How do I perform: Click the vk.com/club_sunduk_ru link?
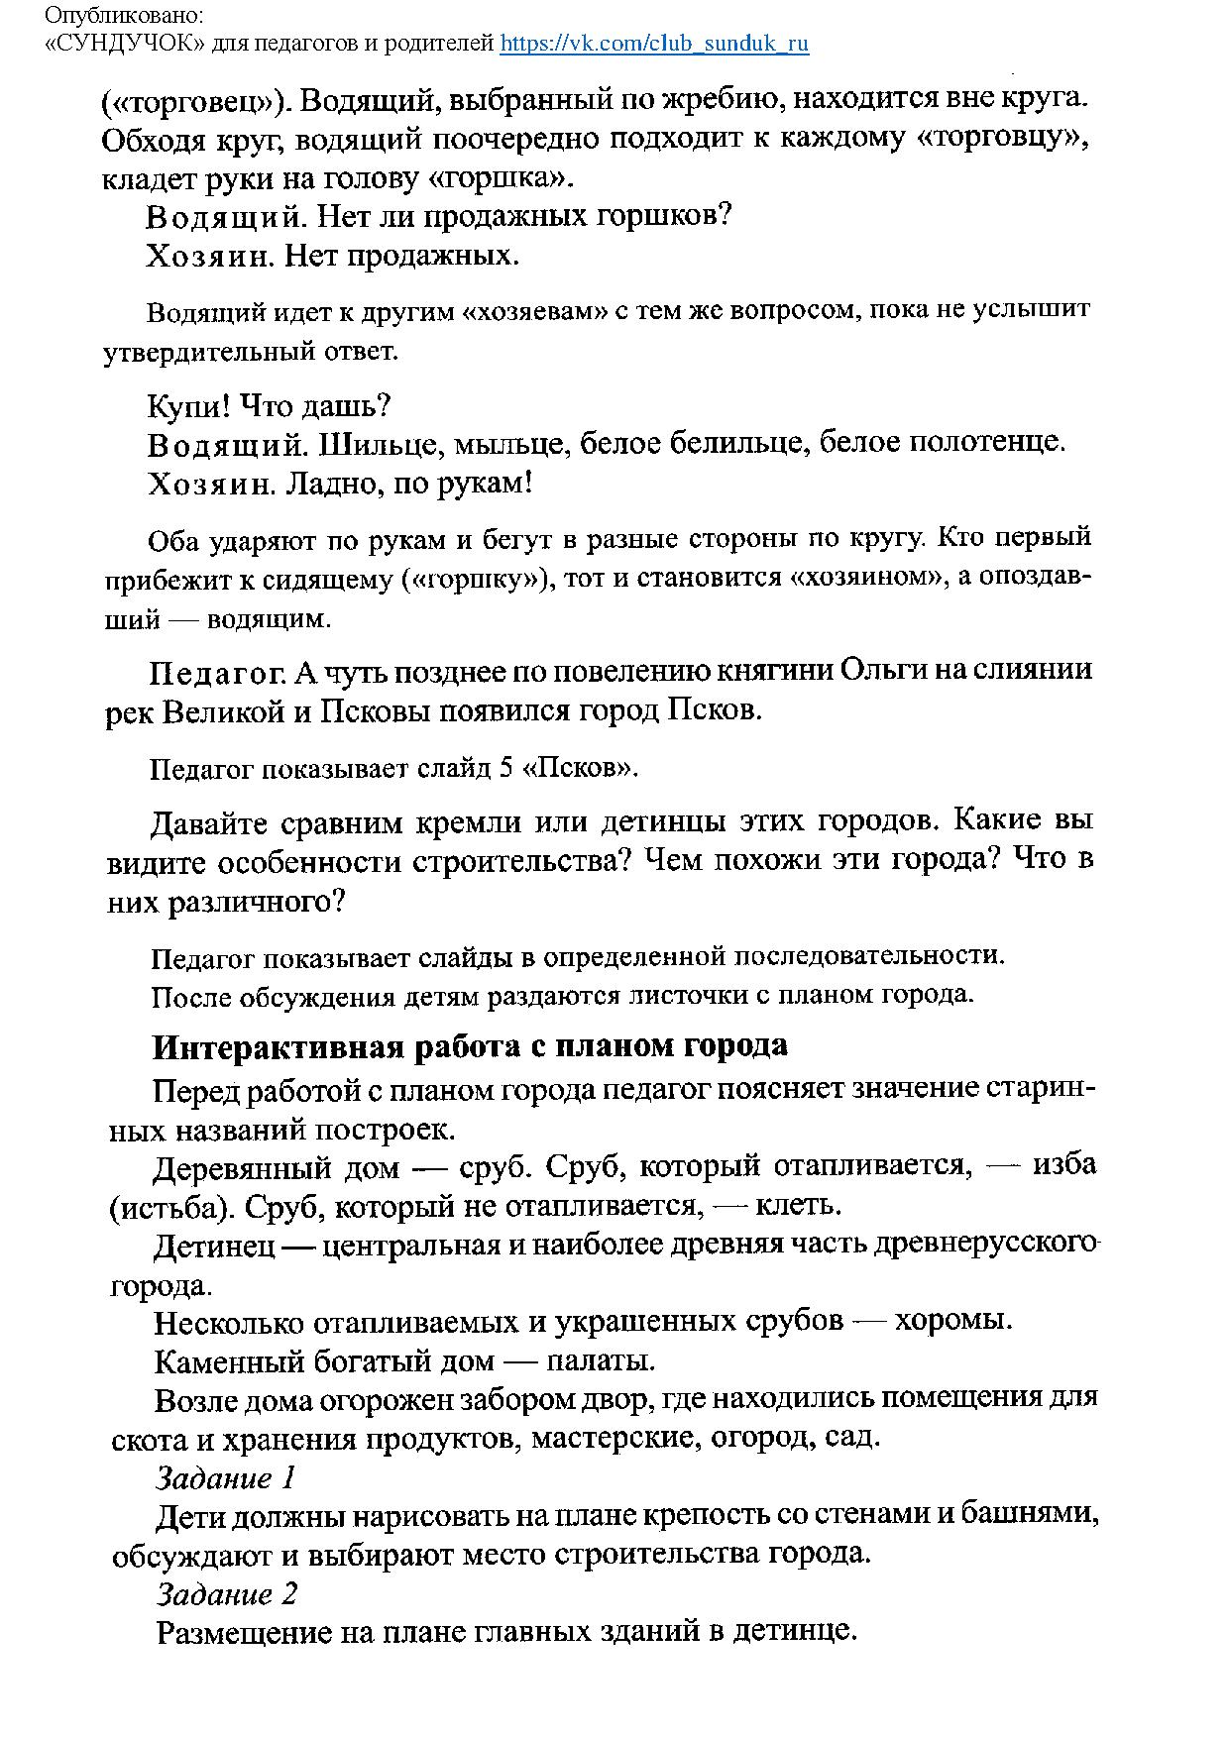click(x=654, y=44)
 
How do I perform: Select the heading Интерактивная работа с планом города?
click(x=470, y=1046)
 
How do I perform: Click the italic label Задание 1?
click(x=226, y=1478)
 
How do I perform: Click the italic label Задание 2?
click(x=227, y=1594)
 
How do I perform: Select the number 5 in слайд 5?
click(x=505, y=769)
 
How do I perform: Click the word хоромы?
click(x=952, y=1322)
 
